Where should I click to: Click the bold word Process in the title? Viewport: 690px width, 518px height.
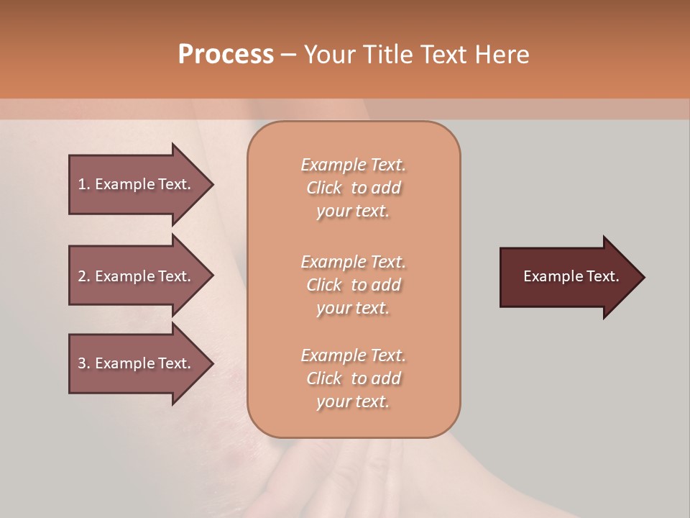226,55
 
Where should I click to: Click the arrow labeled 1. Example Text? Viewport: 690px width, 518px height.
137,184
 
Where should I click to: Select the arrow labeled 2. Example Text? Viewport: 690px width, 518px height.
137,276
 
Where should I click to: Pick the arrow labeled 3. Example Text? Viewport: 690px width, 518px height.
137,363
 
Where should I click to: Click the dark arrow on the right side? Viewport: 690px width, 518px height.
568,276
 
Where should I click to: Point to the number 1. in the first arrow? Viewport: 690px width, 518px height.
84,184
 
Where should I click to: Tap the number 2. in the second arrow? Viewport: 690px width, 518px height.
84,276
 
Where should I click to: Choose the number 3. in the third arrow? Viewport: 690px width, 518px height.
84,363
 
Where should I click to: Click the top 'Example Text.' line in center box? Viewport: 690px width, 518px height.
353,165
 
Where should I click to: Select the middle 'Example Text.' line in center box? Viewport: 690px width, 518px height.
353,262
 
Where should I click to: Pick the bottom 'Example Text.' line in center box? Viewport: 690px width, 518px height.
353,355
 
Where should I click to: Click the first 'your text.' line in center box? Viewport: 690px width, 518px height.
353,211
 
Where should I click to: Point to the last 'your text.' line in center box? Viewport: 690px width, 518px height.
353,401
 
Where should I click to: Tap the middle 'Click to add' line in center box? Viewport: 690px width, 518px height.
353,285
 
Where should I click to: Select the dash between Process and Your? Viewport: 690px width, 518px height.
289,55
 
